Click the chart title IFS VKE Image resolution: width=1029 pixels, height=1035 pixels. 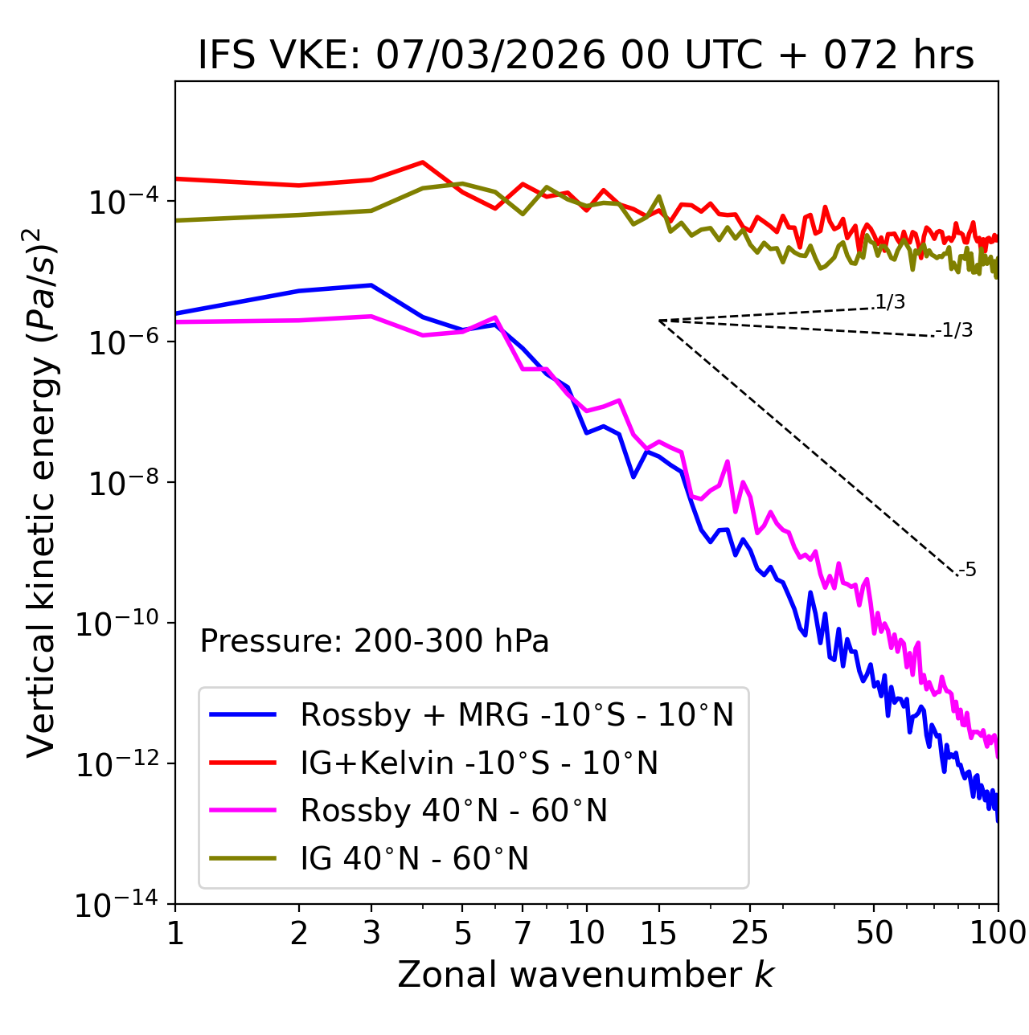pyautogui.click(x=586, y=56)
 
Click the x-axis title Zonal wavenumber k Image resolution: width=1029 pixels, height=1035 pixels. pyautogui.click(x=586, y=974)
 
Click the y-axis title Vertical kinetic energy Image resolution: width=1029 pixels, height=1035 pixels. pyautogui.click(x=42, y=492)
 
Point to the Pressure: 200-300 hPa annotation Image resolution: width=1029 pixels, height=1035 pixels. pyautogui.click(x=375, y=641)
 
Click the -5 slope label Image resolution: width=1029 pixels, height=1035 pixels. pyautogui.click(x=967, y=571)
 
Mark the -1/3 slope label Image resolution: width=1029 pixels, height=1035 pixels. pyautogui.click(x=954, y=330)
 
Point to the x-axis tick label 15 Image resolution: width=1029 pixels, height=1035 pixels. pyautogui.click(x=658, y=933)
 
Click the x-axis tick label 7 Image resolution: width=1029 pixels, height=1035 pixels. pyautogui.click(x=523, y=933)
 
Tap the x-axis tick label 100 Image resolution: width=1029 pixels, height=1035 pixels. pyautogui.click(x=998, y=933)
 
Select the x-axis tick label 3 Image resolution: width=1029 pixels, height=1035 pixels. pyautogui.click(x=371, y=933)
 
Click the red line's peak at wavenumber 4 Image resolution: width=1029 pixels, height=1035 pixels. pyautogui.click(x=423, y=162)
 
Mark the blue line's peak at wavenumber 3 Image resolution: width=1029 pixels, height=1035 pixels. pyautogui.click(x=371, y=285)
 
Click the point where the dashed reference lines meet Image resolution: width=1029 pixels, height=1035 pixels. pyautogui.click(x=659, y=321)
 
